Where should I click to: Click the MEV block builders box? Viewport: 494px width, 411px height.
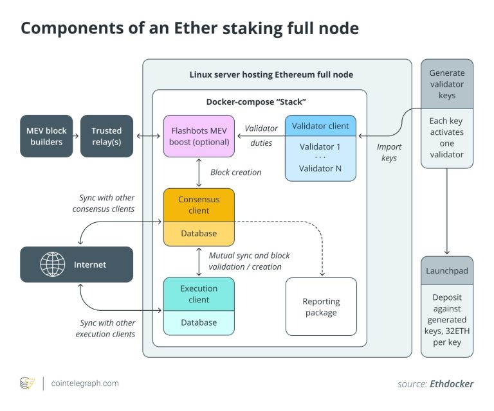[46, 136]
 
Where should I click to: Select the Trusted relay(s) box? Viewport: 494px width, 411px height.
[107, 136]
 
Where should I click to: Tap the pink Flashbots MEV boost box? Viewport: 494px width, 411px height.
[199, 136]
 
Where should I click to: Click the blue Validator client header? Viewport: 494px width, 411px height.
[320, 126]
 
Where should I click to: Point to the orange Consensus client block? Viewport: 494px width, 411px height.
[199, 205]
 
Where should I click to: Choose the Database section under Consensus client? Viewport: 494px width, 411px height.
[199, 234]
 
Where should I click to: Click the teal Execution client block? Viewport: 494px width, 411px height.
[199, 294]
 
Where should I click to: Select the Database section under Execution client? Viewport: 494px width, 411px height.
[199, 322]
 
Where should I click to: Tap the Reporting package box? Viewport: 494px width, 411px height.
[321, 307]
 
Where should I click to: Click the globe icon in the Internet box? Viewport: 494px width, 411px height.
[53, 265]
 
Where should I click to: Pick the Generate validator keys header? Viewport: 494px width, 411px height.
[447, 84]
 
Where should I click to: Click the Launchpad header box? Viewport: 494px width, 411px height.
[447, 271]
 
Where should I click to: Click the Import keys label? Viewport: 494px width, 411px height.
[389, 152]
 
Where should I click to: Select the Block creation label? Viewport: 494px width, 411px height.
[236, 172]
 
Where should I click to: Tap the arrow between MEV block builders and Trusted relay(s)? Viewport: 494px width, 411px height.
[75, 136]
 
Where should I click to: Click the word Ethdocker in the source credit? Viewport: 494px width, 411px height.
[452, 383]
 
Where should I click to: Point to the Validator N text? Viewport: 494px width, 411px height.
[320, 168]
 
